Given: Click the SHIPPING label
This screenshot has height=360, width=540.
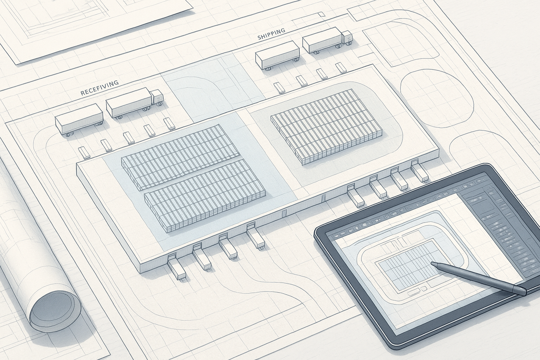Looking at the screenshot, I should (x=271, y=34).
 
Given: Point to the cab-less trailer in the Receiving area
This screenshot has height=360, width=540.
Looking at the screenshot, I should (x=79, y=120).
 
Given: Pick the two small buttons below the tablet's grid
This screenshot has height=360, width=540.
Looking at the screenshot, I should (x=417, y=290).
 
